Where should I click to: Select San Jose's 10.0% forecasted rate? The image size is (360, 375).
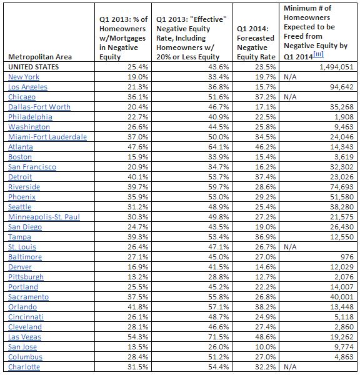click(264, 347)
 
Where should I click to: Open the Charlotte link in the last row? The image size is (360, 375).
click(24, 367)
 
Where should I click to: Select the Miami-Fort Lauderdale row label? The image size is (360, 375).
click(47, 137)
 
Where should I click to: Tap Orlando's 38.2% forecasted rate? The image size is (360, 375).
click(264, 307)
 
